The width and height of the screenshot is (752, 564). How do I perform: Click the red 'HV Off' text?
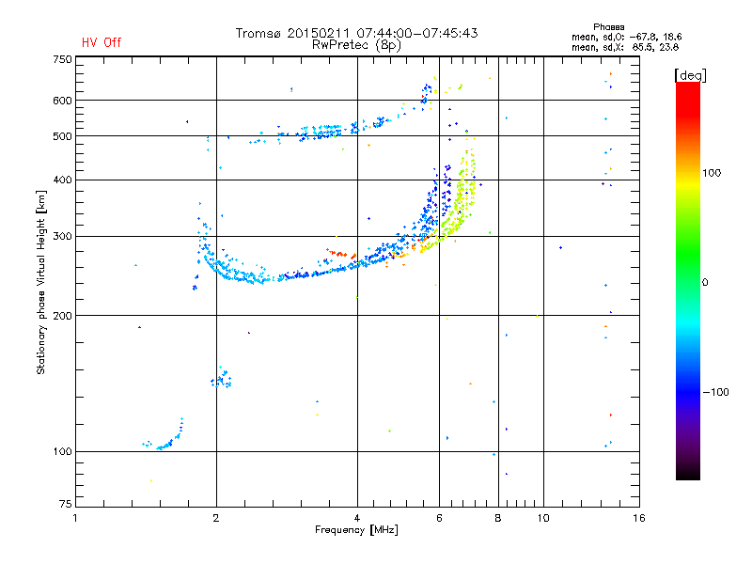(101, 42)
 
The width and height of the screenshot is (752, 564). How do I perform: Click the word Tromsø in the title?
(260, 33)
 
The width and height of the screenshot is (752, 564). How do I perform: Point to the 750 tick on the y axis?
(63, 59)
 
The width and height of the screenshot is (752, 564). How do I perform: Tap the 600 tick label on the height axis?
(63, 101)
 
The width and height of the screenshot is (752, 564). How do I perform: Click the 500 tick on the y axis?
(63, 136)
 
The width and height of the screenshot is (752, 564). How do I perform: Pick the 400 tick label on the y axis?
(63, 180)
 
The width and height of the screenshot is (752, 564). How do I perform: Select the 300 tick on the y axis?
(63, 236)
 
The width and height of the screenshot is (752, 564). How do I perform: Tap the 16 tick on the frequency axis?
(638, 518)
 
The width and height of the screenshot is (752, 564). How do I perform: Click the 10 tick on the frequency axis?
(542, 518)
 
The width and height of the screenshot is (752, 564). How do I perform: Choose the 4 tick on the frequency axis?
(357, 518)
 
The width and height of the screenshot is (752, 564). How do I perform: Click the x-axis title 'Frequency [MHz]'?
(356, 531)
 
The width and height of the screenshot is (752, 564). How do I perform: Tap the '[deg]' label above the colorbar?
(691, 74)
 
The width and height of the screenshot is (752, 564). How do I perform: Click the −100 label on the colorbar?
(715, 392)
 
